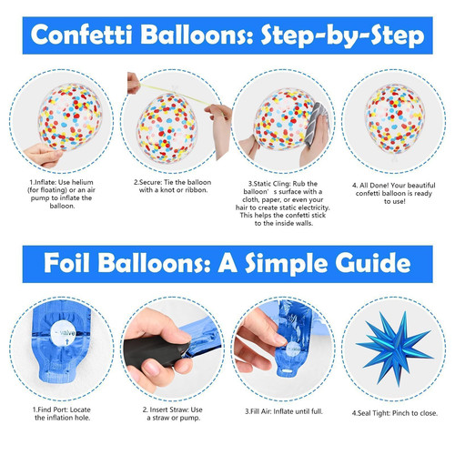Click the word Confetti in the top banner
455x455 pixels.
pyautogui.click(x=82, y=35)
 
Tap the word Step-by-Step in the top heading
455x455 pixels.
pyautogui.click(x=342, y=36)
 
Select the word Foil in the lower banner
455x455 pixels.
pyautogui.click(x=66, y=263)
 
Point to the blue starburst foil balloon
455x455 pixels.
pyautogui.click(x=394, y=349)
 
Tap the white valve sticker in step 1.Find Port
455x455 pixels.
pyautogui.click(x=63, y=334)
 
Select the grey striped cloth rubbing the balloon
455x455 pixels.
pyautogui.click(x=318, y=124)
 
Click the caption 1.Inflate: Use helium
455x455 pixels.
pyautogui.click(x=62, y=194)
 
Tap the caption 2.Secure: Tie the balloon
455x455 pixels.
pyautogui.click(x=173, y=187)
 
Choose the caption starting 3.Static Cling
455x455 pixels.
pyautogui.click(x=283, y=204)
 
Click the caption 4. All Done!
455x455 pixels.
pyautogui.click(x=394, y=193)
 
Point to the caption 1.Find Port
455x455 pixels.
pyautogui.click(x=62, y=413)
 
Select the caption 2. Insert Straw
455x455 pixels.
pyautogui.click(x=173, y=413)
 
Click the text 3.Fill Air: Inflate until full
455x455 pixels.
pyautogui.click(x=284, y=411)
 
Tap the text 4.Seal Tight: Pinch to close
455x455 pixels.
pyautogui.click(x=395, y=413)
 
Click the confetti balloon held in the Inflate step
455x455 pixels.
pyautogui.click(x=70, y=117)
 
